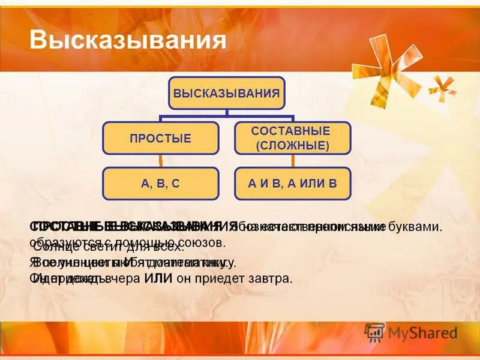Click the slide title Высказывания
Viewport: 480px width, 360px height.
point(128,40)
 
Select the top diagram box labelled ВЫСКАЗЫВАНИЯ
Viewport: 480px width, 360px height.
point(226,93)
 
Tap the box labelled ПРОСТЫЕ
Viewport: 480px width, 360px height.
point(160,139)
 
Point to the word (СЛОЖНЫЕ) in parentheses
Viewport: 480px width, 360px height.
point(292,146)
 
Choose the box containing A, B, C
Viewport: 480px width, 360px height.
point(160,184)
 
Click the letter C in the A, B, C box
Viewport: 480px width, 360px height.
point(176,184)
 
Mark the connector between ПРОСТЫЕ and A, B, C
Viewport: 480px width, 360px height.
point(160,161)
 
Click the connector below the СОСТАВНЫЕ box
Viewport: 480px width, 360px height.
point(292,161)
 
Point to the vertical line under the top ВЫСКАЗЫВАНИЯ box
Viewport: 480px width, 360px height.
point(226,112)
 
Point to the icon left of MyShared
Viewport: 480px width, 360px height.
point(374,332)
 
